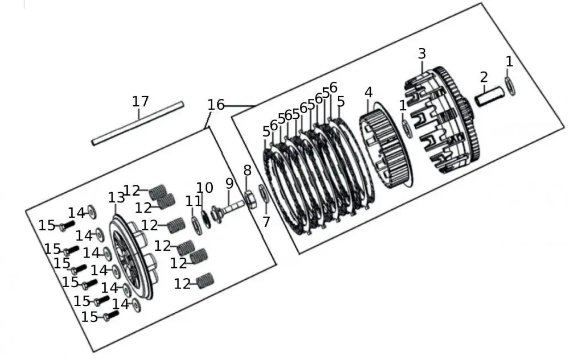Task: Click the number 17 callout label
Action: pos(140,102)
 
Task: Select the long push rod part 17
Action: pos(138,123)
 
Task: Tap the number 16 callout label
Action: pos(216,105)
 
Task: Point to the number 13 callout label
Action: pos(117,197)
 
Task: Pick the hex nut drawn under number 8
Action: pos(249,200)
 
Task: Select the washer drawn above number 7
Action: pos(265,193)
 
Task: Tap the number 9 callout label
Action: pos(229,184)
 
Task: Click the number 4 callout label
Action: pos(369,92)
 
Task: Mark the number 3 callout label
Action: pos(421,54)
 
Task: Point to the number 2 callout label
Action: pos(484,77)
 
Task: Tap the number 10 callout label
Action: pos(205,188)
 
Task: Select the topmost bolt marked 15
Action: pos(65,226)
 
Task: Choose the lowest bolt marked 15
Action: pos(110,315)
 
